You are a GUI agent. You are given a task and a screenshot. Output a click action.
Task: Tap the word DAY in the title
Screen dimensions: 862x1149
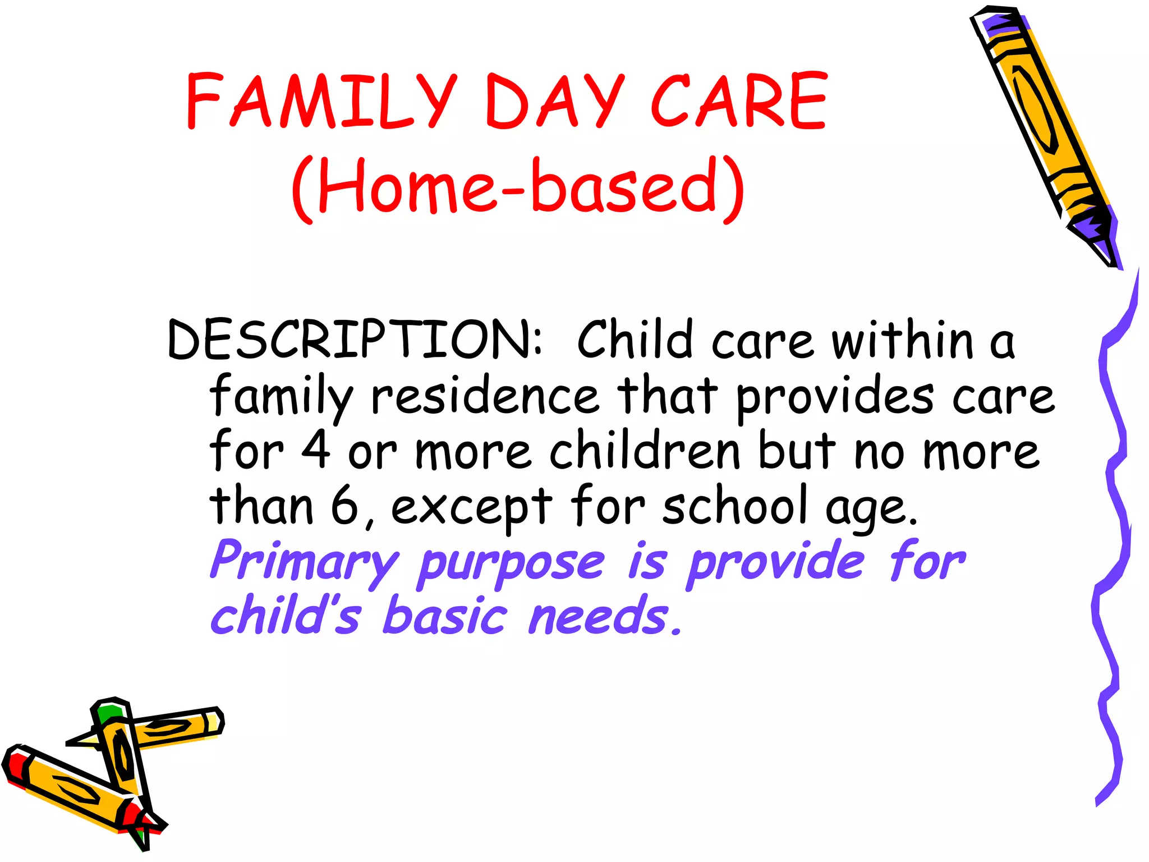(x=555, y=101)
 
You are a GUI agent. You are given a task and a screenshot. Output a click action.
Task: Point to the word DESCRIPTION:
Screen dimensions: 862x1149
(x=355, y=340)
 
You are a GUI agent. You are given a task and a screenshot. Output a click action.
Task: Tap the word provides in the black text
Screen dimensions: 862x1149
(x=835, y=396)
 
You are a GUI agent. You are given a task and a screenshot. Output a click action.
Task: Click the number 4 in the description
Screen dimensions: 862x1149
(x=316, y=450)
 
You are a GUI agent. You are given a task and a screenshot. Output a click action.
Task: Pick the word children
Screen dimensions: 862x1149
(x=645, y=450)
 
